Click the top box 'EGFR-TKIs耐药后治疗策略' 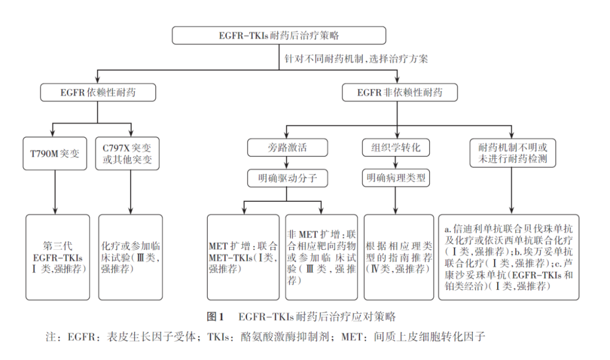coord(279,35)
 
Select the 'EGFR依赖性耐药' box coord(98,92)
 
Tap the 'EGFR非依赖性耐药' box coord(399,92)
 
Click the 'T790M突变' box coord(55,153)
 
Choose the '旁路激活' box coord(287,148)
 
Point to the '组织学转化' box coord(395,148)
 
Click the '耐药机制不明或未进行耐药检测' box coord(512,153)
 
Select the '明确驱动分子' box coord(287,179)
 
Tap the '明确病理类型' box coord(395,179)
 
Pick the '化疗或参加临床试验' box coord(130,258)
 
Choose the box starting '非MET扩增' coord(321,258)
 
